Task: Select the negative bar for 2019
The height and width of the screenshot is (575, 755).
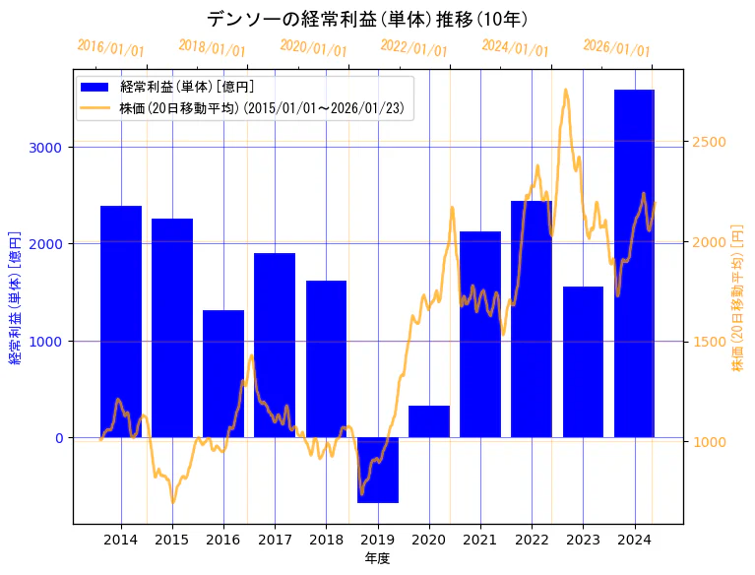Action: pyautogui.click(x=378, y=470)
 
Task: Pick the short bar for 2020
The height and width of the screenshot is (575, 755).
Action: pyautogui.click(x=429, y=421)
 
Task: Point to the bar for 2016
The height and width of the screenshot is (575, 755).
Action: pyautogui.click(x=223, y=373)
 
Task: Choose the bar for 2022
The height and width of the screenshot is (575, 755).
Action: pyautogui.click(x=532, y=319)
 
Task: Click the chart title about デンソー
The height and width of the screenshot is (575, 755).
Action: pyautogui.click(x=367, y=19)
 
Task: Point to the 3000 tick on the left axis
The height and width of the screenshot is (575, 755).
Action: pyautogui.click(x=45, y=148)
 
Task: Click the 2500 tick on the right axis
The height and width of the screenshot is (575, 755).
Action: pyautogui.click(x=710, y=143)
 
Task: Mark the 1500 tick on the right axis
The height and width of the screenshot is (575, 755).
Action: pyautogui.click(x=710, y=343)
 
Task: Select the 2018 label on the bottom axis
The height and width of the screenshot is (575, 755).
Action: pyautogui.click(x=327, y=540)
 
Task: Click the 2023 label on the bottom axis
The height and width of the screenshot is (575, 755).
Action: pyautogui.click(x=584, y=540)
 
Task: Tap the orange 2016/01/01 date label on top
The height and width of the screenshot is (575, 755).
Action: pyautogui.click(x=110, y=47)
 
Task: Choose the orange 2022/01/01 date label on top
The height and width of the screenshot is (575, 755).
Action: pyautogui.click(x=413, y=47)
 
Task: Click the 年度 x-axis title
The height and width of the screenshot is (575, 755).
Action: pyautogui.click(x=378, y=558)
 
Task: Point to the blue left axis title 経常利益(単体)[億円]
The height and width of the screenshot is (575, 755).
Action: pyautogui.click(x=15, y=298)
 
